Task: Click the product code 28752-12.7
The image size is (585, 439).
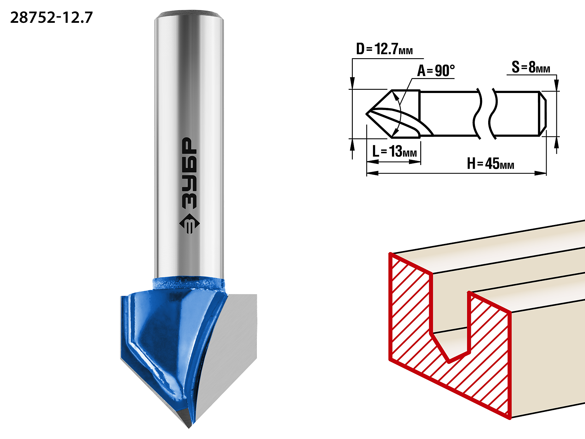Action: pyautogui.click(x=51, y=18)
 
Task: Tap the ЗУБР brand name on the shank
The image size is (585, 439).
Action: pyautogui.click(x=190, y=173)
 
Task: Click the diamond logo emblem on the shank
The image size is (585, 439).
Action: pyautogui.click(x=190, y=224)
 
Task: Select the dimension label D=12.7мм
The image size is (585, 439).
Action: pyautogui.click(x=384, y=49)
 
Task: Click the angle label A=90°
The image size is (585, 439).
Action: pyautogui.click(x=436, y=70)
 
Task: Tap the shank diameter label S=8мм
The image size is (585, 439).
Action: pyautogui.click(x=531, y=67)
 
